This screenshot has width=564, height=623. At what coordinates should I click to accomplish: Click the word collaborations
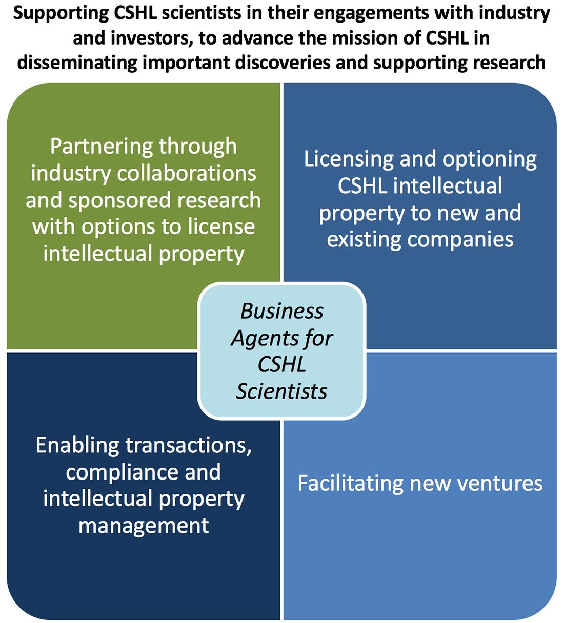pos(187,173)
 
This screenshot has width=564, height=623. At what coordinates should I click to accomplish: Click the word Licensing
pos(349,160)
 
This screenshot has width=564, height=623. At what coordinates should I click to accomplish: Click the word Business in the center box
pos(282,311)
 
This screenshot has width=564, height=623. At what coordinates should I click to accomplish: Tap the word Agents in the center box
pos(258,339)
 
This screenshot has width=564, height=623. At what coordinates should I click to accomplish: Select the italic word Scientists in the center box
pos(281,392)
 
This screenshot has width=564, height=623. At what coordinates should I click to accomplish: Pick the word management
pos(144,526)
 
